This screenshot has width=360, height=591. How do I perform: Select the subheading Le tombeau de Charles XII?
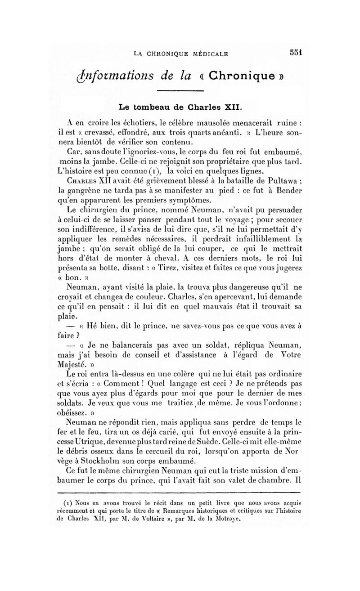click(x=180, y=107)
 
